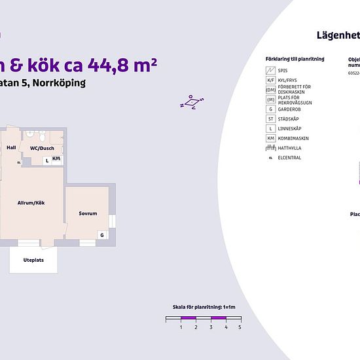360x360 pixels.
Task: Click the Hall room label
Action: pyautogui.click(x=11, y=148)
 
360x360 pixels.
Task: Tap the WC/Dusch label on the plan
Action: pyautogui.click(x=41, y=148)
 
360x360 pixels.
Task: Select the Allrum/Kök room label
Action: pyautogui.click(x=31, y=204)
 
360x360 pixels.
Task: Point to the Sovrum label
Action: pyautogui.click(x=88, y=213)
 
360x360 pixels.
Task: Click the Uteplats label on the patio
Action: pyautogui.click(x=33, y=260)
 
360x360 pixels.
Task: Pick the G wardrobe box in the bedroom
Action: pyautogui.click(x=102, y=234)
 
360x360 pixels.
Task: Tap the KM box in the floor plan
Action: pyautogui.click(x=57, y=158)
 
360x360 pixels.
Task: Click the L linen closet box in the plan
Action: pyautogui.click(x=47, y=160)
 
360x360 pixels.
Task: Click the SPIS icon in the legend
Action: pyautogui.click(x=270, y=70)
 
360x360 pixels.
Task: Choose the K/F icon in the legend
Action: pyautogui.click(x=270, y=80)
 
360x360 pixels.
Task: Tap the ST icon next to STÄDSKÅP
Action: pyautogui.click(x=270, y=119)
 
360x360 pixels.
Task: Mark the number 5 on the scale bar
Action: pyautogui.click(x=240, y=326)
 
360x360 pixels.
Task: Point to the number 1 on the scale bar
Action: pyautogui.click(x=181, y=326)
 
